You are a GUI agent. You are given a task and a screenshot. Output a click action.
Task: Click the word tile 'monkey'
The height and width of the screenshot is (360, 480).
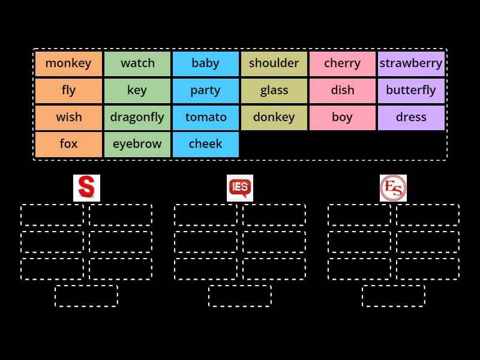(x=68, y=64)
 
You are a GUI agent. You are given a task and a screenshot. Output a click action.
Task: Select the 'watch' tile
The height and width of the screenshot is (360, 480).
(x=137, y=64)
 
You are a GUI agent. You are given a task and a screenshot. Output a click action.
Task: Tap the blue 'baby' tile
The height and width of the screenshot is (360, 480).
(x=206, y=64)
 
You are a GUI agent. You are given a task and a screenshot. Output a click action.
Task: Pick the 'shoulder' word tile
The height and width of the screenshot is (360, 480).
(x=274, y=64)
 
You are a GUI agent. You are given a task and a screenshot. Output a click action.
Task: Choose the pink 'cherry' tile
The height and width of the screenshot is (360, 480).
(x=343, y=64)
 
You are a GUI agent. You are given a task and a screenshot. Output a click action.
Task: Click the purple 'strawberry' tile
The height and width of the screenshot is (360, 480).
(x=411, y=64)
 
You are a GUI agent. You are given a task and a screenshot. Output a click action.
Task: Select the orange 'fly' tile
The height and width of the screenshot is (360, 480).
(x=68, y=91)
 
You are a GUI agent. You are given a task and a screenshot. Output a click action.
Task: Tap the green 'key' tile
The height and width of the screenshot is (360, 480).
(x=137, y=91)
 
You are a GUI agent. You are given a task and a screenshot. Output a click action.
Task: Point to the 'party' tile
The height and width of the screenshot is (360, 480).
(x=206, y=91)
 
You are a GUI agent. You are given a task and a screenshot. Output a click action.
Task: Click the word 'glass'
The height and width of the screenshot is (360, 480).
(x=274, y=91)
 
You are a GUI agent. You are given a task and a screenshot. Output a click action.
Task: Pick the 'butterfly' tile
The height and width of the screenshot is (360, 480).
(x=411, y=91)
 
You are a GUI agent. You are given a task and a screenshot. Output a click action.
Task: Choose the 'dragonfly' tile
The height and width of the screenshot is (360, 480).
(x=137, y=118)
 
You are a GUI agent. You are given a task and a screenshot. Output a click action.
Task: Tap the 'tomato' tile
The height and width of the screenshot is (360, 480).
(x=206, y=118)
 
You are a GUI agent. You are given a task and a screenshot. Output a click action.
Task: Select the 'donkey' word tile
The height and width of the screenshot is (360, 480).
(x=274, y=118)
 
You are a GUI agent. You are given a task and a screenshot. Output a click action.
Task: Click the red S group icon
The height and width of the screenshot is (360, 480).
(x=86, y=188)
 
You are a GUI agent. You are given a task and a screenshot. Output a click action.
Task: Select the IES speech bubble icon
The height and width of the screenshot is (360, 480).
(x=240, y=188)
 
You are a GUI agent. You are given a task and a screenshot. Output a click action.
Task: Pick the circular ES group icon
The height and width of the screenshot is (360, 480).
(x=394, y=188)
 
